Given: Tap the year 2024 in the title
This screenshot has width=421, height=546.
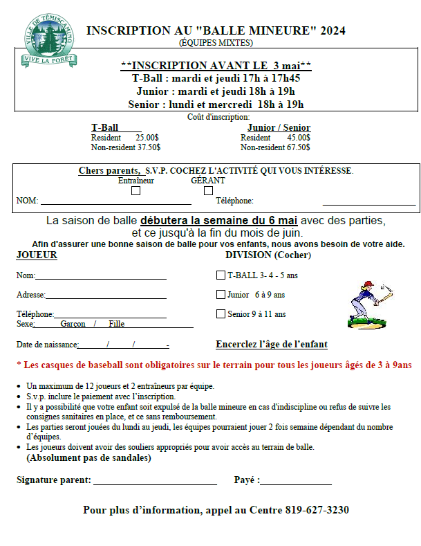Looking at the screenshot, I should point(332,30).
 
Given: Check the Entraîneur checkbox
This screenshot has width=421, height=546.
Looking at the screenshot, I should point(135,190).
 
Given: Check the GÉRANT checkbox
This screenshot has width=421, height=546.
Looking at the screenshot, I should point(208,190).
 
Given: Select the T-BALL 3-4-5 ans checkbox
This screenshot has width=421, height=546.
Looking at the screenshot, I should point(221,275).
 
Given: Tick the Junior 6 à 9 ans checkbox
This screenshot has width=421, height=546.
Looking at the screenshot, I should point(221,294).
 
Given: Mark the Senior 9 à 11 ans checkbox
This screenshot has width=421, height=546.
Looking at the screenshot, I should point(221,313).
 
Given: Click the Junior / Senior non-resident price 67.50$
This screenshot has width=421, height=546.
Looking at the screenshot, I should point(297,147).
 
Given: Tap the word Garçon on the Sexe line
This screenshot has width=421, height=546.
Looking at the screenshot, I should point(73,324).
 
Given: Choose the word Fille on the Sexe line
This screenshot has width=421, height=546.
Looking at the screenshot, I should point(116,324).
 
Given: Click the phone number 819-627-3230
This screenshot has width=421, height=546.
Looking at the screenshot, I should point(317,510).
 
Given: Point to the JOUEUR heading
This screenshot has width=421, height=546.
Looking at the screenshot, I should point(37,255).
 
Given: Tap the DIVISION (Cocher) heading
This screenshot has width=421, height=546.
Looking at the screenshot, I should point(268,255).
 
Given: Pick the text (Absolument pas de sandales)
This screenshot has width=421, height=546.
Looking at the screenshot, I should point(88,457).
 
